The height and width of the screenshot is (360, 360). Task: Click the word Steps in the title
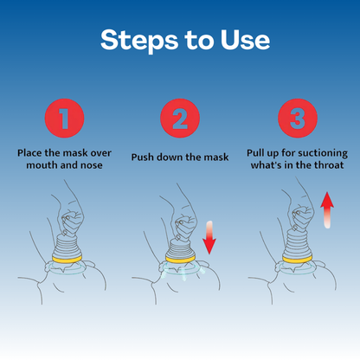click(139, 41)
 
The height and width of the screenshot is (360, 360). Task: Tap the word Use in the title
click(245, 39)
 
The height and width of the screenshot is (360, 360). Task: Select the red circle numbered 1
click(64, 118)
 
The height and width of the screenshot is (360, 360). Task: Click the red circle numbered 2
click(180, 118)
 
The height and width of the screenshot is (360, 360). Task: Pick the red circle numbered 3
click(298, 118)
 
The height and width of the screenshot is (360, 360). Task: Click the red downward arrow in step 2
click(209, 238)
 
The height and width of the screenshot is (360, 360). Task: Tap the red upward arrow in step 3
click(327, 210)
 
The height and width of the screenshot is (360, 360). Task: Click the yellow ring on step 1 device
click(67, 259)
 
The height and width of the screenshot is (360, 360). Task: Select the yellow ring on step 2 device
click(181, 259)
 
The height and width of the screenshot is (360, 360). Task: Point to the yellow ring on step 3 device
click(298, 259)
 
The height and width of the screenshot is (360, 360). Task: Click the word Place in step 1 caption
click(30, 153)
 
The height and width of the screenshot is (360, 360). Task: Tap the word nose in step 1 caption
click(91, 165)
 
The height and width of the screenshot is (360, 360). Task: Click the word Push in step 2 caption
click(142, 157)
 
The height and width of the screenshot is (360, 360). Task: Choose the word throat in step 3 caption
click(329, 165)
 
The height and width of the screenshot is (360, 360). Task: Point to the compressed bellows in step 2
click(181, 247)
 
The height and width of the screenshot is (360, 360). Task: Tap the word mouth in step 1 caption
click(40, 165)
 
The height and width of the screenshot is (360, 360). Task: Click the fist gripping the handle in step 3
click(303, 217)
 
